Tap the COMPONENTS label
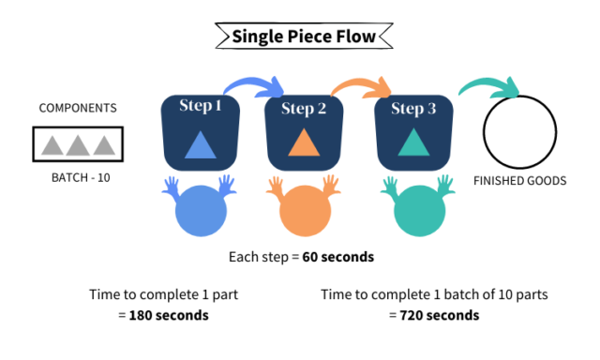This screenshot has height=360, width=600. point(78,108)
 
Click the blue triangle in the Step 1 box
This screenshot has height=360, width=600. point(200,144)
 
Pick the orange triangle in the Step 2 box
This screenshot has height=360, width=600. point(304,143)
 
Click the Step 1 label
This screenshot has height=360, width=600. point(200,106)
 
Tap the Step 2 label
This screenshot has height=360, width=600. point(304,109)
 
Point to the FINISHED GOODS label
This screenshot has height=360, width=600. point(519,181)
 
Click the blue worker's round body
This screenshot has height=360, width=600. point(200,212)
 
